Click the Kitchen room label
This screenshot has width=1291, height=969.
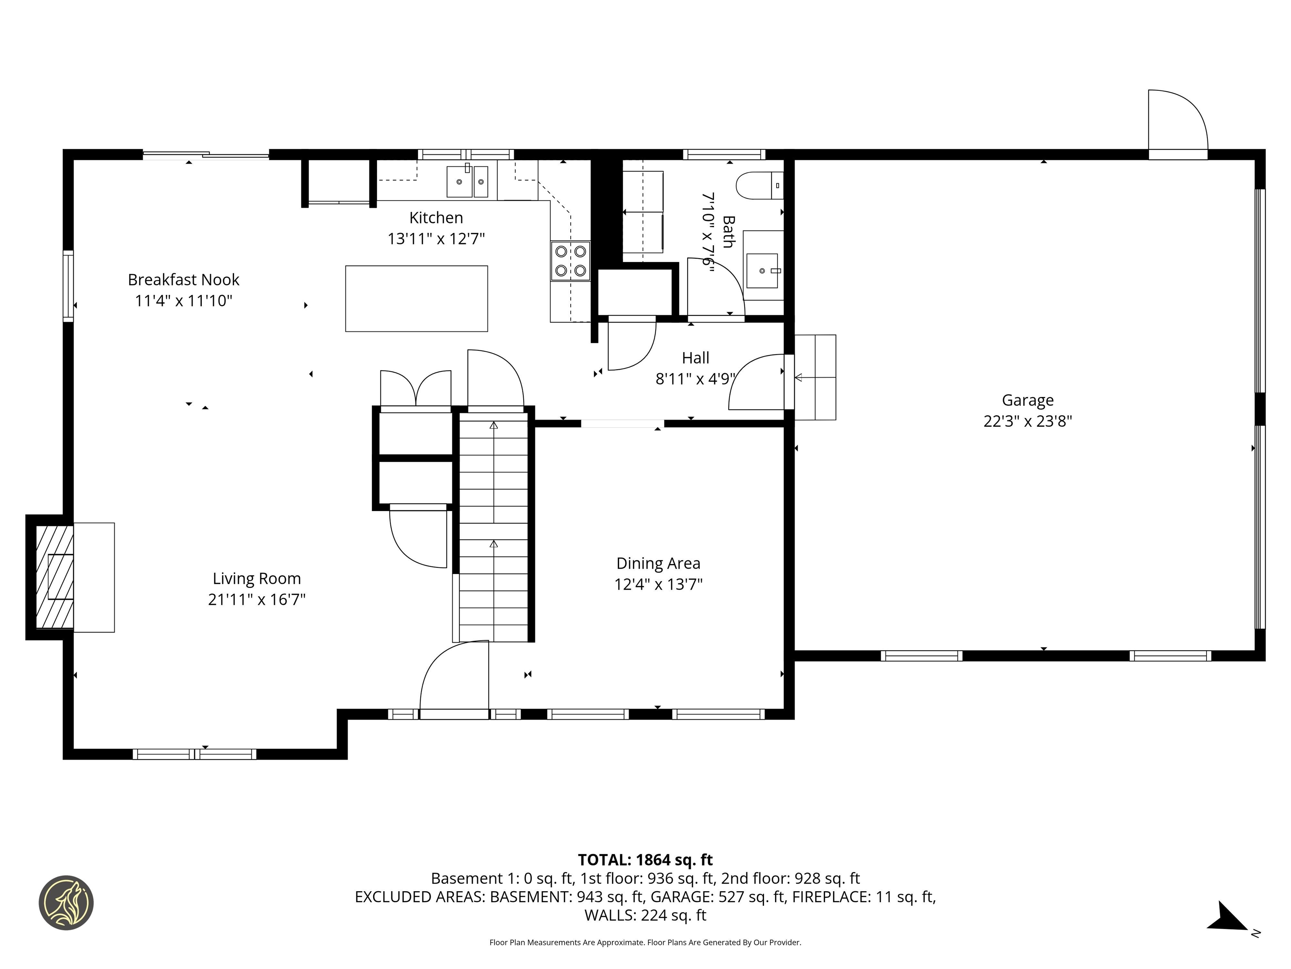coord(436,218)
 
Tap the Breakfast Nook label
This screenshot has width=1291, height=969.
coord(183,280)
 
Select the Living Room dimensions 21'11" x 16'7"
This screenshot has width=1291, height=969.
coord(257,600)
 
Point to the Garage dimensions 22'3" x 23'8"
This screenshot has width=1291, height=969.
coord(1028,421)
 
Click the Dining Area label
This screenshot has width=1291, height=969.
coord(659,564)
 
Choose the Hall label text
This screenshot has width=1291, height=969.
coord(696,358)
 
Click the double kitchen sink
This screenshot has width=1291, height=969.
coord(467,182)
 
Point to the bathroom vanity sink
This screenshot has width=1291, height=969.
coord(762,270)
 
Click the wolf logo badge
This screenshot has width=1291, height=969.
coord(66,903)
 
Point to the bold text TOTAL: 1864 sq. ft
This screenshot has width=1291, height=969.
coord(645,860)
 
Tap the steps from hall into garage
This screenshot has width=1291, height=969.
coord(815,377)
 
